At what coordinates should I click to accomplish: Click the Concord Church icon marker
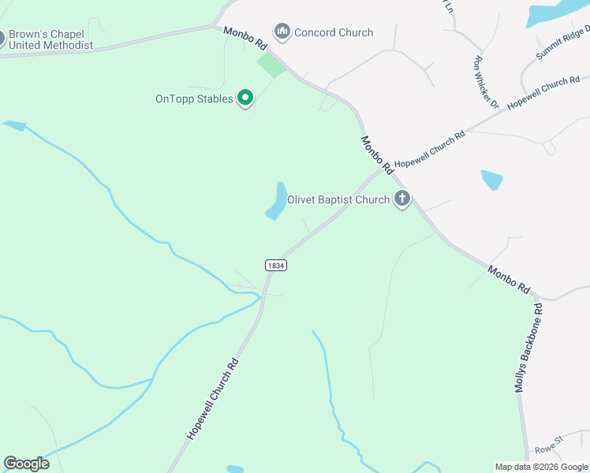282,32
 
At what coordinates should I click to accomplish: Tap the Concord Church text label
334,32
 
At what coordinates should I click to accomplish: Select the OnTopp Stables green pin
245,99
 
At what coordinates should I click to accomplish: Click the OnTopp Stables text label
194,99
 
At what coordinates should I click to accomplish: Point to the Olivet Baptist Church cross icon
402,199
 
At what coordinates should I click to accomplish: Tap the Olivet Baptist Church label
338,199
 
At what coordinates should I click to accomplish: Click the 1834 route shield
275,266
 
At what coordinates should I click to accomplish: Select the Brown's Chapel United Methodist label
50,40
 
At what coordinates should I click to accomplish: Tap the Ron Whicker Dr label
486,81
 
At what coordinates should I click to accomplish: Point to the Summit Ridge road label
562,43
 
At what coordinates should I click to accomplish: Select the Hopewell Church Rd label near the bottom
212,399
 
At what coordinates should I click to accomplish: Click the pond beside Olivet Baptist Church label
277,201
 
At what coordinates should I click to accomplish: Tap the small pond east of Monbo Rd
491,180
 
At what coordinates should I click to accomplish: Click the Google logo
26,464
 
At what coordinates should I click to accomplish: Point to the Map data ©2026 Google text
540,467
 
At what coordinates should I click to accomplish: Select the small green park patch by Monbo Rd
272,65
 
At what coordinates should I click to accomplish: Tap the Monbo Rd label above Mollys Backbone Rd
508,279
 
